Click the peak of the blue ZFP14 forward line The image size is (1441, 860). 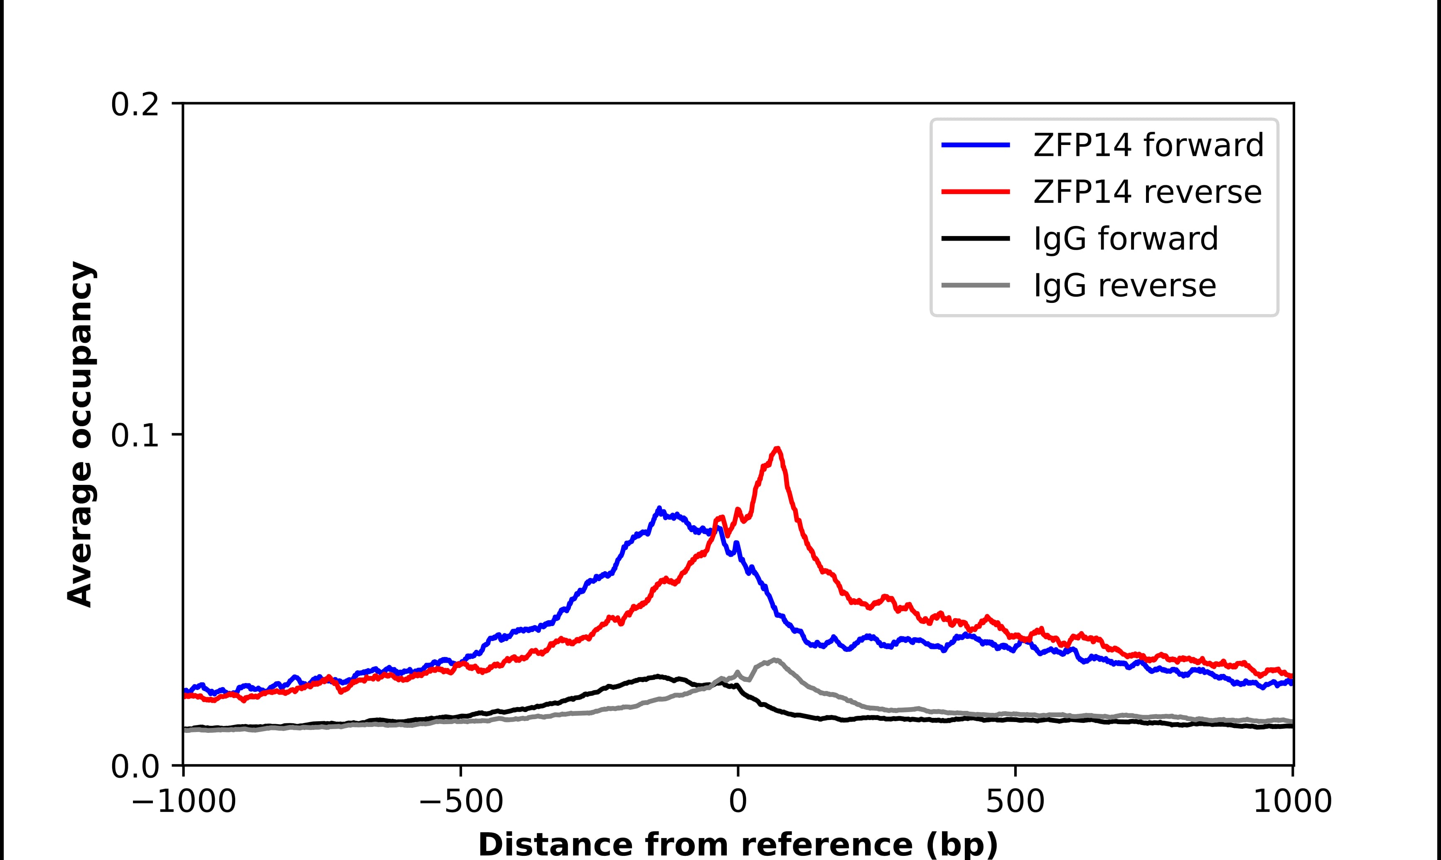point(659,509)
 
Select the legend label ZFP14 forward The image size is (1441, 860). point(1148,145)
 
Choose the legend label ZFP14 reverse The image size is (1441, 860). point(1147,192)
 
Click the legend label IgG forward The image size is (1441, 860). point(1126,239)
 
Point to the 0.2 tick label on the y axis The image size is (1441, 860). point(135,105)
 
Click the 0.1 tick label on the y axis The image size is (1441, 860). point(135,436)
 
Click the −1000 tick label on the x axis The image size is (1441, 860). point(184,803)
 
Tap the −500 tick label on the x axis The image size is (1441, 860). point(461,803)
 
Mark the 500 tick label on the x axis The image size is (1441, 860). point(1015,803)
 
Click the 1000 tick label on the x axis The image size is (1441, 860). point(1292,803)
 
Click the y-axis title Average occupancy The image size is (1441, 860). point(80,435)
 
